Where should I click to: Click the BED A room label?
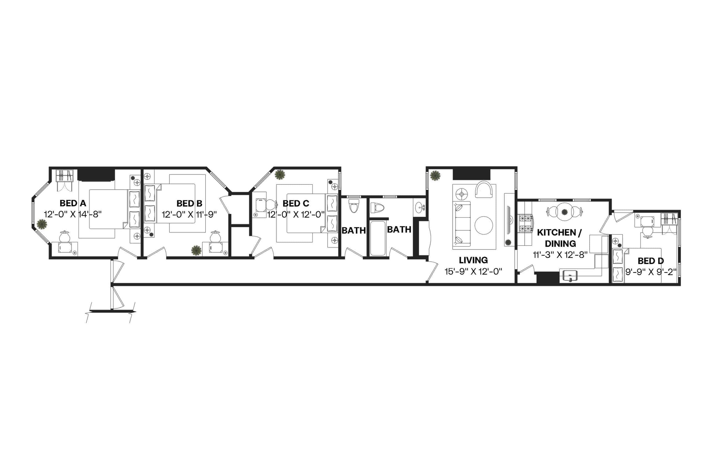(x=72, y=203)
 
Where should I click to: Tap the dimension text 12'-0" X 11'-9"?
(x=189, y=214)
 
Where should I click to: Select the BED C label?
(x=296, y=203)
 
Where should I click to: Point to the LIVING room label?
(x=473, y=260)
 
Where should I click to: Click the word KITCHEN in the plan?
(x=556, y=232)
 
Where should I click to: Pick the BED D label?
(x=650, y=261)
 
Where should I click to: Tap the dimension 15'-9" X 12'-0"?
(x=473, y=271)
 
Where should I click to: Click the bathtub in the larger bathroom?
(x=377, y=238)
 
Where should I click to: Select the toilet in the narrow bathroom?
(x=354, y=206)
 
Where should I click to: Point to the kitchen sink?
(x=570, y=275)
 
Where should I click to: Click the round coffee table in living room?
(x=484, y=225)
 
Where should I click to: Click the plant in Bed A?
(x=42, y=224)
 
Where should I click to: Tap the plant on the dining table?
(x=564, y=212)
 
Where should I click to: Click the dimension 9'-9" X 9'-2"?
(x=650, y=272)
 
